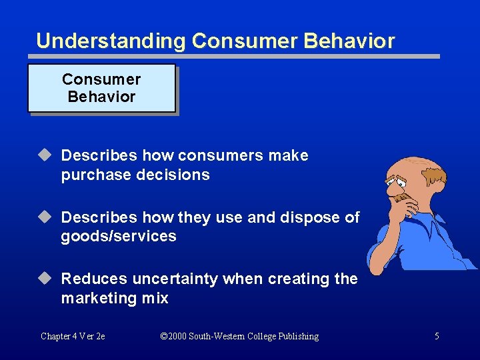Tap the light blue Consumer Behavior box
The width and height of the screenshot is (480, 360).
101,88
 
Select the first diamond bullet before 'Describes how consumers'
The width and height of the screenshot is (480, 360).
45,155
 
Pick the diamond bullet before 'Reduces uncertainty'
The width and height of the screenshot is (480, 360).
45,279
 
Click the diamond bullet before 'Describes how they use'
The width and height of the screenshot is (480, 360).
45,217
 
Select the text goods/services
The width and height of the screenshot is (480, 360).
119,237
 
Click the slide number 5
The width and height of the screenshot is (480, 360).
437,337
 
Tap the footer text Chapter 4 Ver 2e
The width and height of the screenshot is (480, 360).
73,337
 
